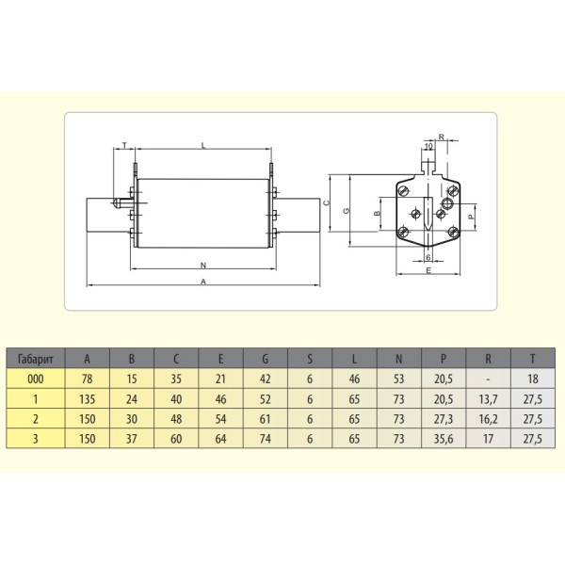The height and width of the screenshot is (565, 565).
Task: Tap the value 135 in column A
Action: pyautogui.click(x=88, y=397)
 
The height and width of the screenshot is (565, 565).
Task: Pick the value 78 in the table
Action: pyautogui.click(x=88, y=378)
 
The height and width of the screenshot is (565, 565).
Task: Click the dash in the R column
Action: pyautogui.click(x=488, y=378)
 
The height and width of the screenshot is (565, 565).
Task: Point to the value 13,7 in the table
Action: pyautogui.click(x=488, y=397)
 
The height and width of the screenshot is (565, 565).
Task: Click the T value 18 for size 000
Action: pyautogui.click(x=532, y=378)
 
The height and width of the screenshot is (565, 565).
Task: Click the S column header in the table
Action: pyautogui.click(x=310, y=359)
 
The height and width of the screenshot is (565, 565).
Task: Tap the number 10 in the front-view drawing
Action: pyautogui.click(x=428, y=147)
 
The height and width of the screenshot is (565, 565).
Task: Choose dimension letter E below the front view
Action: pyautogui.click(x=428, y=271)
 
